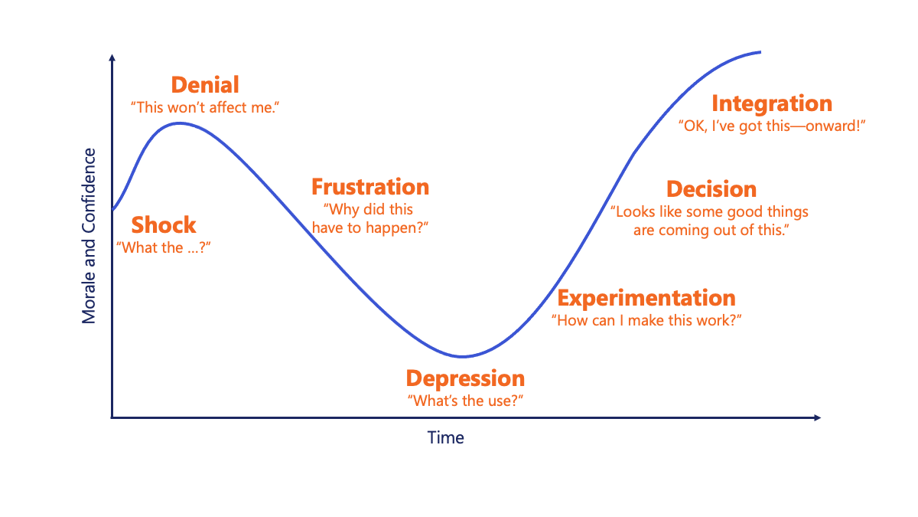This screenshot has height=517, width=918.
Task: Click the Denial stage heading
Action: tap(205, 85)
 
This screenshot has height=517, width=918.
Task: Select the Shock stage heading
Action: tap(164, 225)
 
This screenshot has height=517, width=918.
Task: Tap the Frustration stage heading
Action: tap(370, 187)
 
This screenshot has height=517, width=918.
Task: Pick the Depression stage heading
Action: tap(465, 379)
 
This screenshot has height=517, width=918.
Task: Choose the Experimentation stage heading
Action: tap(646, 298)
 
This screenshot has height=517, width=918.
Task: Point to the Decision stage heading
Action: tap(711, 189)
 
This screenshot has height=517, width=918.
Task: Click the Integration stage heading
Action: tap(772, 104)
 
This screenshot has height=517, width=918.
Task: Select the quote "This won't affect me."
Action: tap(205, 107)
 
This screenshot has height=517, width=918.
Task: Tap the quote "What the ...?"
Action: tap(164, 248)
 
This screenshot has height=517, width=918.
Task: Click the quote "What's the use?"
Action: tap(465, 401)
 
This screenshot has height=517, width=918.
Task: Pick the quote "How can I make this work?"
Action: tap(646, 320)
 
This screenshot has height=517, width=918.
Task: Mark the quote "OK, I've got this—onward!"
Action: tap(772, 126)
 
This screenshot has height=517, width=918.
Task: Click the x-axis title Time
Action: tap(445, 438)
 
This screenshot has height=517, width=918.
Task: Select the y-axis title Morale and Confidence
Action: tap(89, 236)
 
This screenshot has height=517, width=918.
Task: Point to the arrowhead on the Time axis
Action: tap(817, 417)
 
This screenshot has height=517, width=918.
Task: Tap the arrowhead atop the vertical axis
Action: tap(112, 58)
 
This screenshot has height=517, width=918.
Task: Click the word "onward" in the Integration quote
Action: tap(830, 126)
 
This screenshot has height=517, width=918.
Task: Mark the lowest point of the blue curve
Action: tap(462, 357)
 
